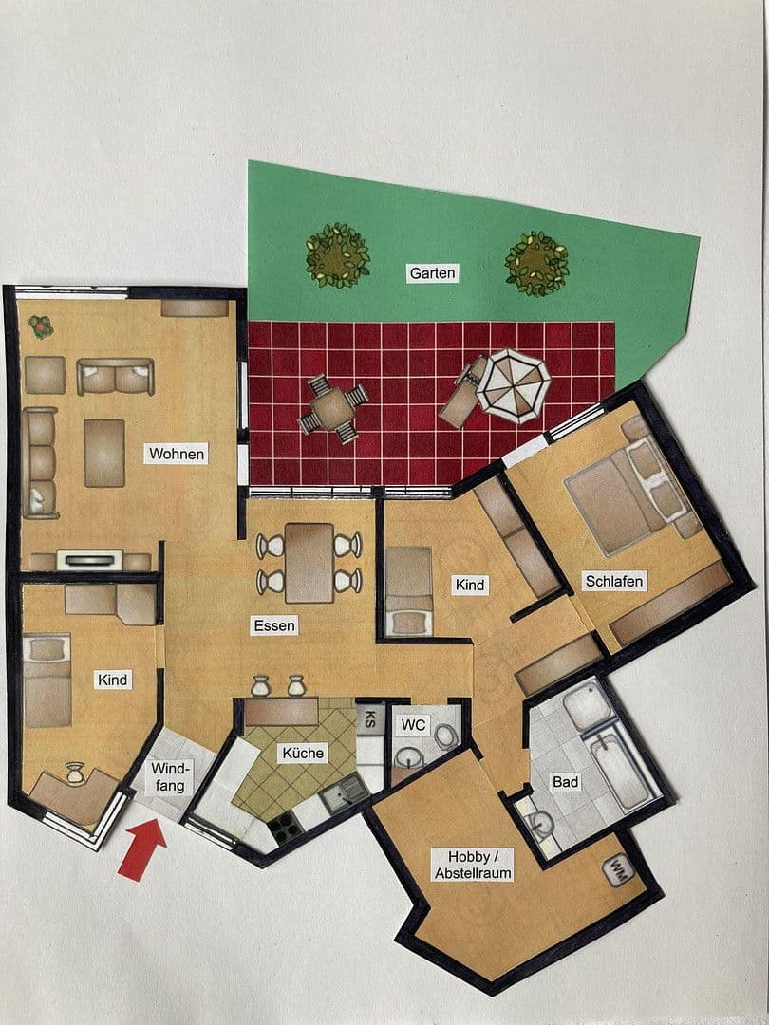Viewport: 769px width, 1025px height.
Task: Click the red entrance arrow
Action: point(141,847)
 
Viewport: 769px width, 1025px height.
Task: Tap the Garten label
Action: point(433,273)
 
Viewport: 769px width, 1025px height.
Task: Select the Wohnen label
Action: point(177,454)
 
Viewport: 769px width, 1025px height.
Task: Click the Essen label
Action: point(274,625)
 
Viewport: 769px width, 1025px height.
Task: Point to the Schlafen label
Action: point(614,581)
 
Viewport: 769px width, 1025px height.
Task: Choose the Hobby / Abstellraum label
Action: point(473,865)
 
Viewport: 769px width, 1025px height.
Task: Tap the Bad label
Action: point(566,783)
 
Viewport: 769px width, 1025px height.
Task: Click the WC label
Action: point(414,725)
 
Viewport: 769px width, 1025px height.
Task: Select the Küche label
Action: point(303,753)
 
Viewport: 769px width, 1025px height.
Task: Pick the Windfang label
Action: point(171,776)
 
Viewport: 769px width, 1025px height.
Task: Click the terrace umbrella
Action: point(513,384)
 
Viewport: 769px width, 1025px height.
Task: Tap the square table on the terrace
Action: point(333,409)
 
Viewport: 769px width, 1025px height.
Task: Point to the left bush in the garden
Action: point(337,254)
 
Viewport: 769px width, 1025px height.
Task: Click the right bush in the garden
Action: point(536,262)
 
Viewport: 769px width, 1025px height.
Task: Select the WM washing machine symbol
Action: point(618,870)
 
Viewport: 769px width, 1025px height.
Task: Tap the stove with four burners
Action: point(285,828)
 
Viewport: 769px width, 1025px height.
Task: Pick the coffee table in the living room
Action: point(104,453)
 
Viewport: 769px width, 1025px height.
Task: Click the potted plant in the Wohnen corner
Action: point(41,326)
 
